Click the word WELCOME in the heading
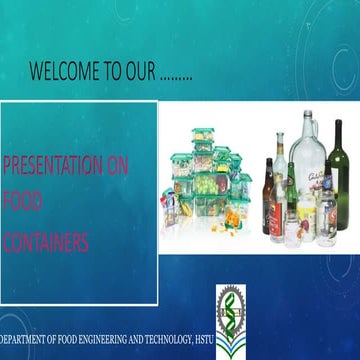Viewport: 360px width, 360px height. [x=63, y=71]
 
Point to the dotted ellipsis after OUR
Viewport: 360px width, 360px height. [x=176, y=75]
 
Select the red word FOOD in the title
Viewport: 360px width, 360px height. [x=22, y=203]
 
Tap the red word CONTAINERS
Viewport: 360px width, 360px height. [x=46, y=242]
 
